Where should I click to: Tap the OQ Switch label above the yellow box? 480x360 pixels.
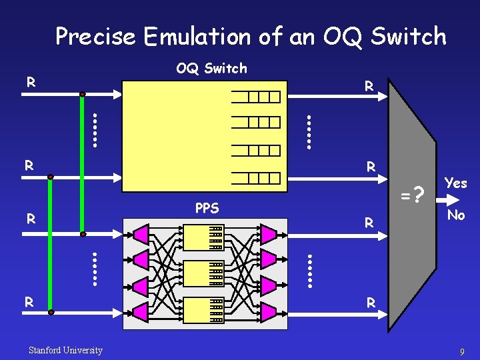click(x=211, y=68)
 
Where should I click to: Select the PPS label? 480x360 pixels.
click(x=207, y=208)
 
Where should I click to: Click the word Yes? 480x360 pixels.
click(x=455, y=183)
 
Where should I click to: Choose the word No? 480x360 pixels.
click(x=456, y=215)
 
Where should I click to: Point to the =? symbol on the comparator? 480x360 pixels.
click(x=413, y=196)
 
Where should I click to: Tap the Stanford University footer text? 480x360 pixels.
click(x=65, y=350)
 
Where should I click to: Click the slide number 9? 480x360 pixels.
click(x=462, y=351)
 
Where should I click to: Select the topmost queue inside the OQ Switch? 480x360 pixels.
click(x=255, y=97)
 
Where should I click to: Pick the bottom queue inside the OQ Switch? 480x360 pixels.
click(x=255, y=177)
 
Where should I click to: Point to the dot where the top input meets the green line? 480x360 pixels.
click(x=83, y=95)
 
